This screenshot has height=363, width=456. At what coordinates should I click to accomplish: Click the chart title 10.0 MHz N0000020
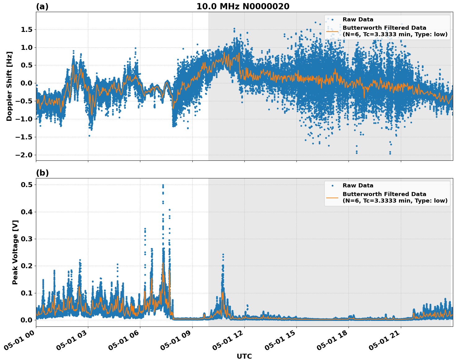coord(243,7)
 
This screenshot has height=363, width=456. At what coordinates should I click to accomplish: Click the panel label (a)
coord(42,7)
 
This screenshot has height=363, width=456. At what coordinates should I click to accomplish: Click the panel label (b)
coord(42,173)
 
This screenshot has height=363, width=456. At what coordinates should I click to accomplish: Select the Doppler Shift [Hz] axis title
coord(9,86)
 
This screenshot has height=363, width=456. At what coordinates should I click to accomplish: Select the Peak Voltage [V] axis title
coord(15,252)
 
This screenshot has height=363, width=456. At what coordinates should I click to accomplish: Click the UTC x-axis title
coord(244,356)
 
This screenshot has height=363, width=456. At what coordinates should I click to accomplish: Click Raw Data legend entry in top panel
coord(358,20)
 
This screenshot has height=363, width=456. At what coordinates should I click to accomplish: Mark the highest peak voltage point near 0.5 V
coord(163,185)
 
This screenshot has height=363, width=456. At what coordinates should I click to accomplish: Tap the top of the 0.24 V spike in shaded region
coord(223,255)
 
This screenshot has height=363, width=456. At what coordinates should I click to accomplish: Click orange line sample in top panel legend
coord(332,31)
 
